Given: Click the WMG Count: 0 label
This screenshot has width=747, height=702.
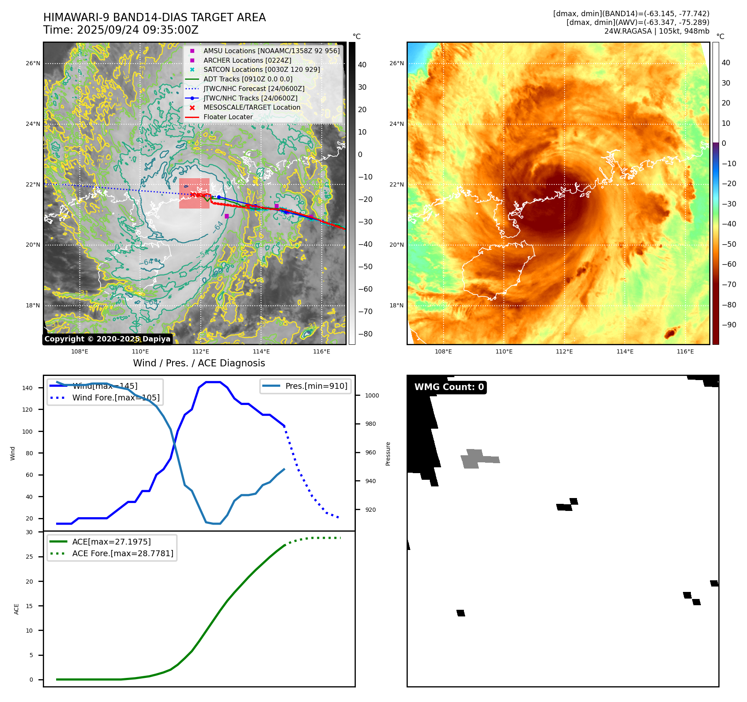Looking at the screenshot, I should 449,387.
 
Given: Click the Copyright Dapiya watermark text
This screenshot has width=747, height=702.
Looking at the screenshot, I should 107,339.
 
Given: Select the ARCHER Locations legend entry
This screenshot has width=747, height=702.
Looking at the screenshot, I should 247,60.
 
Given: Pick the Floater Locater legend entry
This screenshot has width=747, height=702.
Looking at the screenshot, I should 228,117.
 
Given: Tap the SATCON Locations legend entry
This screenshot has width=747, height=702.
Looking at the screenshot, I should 261,70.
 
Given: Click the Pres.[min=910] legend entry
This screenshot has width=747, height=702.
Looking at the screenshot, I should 316,386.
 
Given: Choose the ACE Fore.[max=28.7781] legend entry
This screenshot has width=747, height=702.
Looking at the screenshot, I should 123,553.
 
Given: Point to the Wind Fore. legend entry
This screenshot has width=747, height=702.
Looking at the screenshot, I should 116,398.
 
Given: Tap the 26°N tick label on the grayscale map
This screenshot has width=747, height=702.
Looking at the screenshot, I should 33,64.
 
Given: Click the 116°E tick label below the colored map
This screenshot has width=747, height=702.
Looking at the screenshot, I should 685,351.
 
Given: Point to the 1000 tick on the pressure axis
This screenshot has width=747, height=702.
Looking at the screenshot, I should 372,395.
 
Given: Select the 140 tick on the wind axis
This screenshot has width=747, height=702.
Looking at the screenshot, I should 27,388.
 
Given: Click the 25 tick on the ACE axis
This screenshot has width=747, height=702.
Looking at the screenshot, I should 29,557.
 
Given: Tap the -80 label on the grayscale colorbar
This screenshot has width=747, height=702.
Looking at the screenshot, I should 365,334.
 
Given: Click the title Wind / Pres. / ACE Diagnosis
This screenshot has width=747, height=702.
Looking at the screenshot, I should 199,363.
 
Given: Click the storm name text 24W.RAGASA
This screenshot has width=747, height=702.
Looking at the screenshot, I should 628,31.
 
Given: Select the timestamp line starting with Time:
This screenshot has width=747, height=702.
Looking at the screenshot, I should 121,30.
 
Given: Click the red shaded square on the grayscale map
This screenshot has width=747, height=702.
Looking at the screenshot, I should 194,193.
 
